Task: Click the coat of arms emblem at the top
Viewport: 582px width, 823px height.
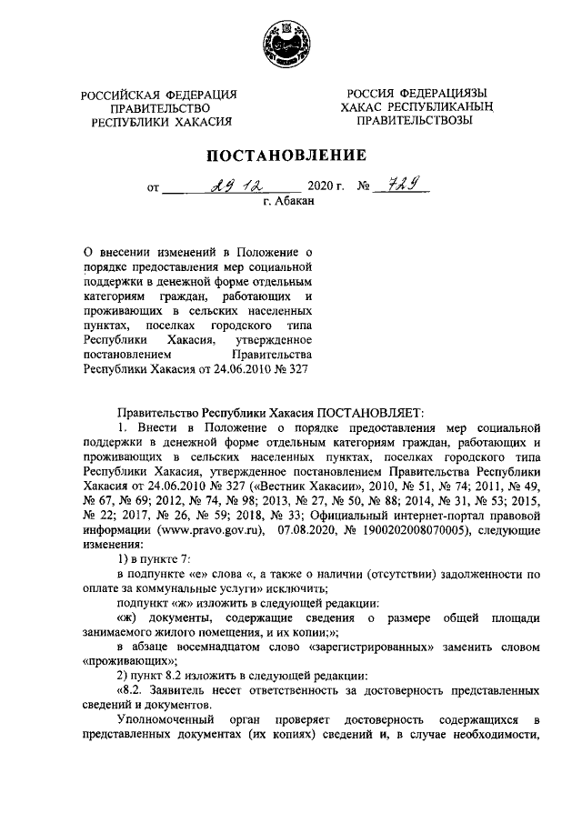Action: click(x=290, y=43)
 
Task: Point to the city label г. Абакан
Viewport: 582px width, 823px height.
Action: click(x=288, y=204)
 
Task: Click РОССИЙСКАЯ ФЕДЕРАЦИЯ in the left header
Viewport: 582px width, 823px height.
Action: click(x=159, y=95)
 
